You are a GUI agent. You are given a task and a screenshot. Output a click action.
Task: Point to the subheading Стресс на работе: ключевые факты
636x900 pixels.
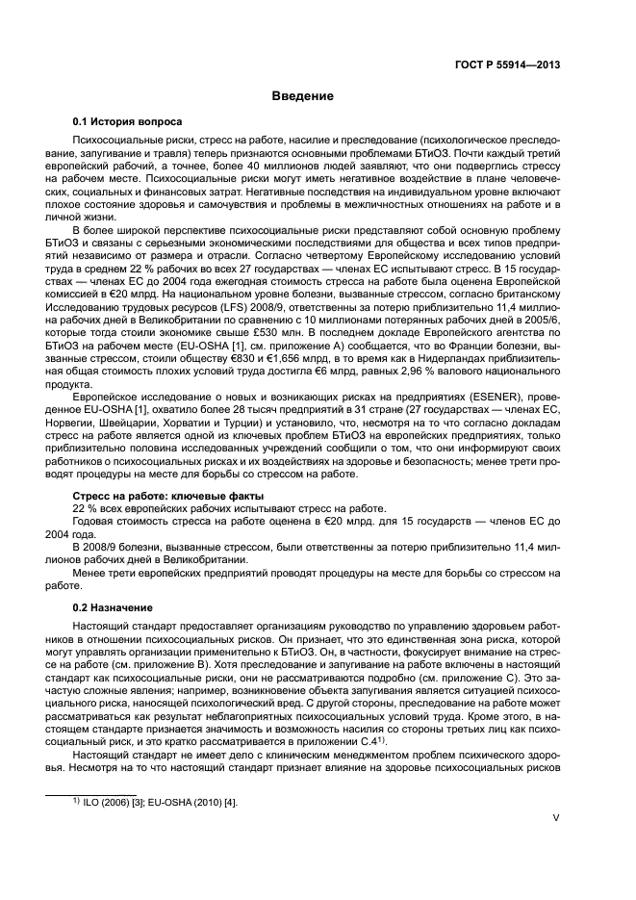155,496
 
